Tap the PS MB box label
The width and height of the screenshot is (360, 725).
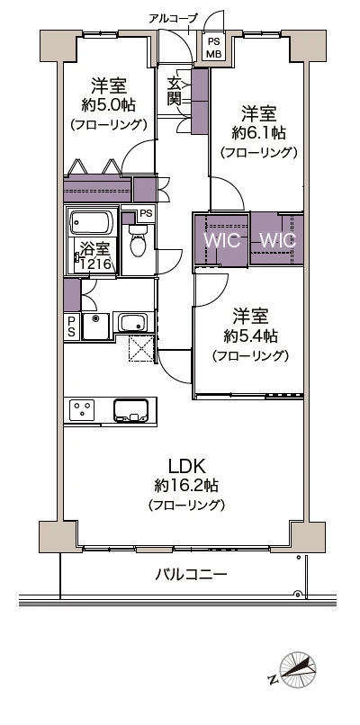pyautogui.click(x=213, y=47)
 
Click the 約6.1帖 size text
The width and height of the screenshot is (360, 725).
pyautogui.click(x=259, y=133)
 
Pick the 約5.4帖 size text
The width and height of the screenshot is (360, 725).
pyautogui.click(x=250, y=336)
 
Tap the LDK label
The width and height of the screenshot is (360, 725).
pyautogui.click(x=186, y=466)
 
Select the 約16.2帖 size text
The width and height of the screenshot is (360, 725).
pyautogui.click(x=186, y=486)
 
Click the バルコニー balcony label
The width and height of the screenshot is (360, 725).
pyautogui.click(x=190, y=574)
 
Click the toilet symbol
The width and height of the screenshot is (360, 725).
pyautogui.click(x=137, y=240)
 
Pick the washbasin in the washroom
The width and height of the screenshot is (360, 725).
pyautogui.click(x=133, y=322)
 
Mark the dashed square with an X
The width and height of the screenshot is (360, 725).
pyautogui.click(x=140, y=347)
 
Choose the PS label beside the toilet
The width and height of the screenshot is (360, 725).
pyautogui.click(x=144, y=213)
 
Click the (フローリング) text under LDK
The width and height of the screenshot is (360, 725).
pyautogui.click(x=186, y=505)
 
